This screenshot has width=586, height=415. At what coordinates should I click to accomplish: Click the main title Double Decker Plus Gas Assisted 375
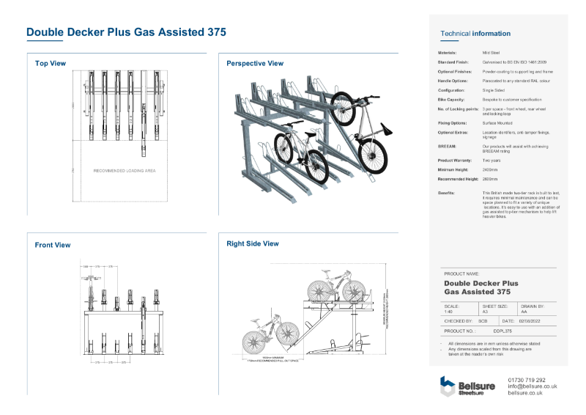pos(126,32)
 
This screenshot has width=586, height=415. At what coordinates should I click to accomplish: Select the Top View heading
pos(51,64)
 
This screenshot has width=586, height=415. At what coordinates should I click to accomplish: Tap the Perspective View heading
pos(255,64)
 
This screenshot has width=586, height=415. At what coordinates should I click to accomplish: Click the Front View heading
pos(53,245)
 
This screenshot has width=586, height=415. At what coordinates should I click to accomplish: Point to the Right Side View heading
pos(253,243)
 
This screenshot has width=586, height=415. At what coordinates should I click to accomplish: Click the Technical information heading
pos(475,34)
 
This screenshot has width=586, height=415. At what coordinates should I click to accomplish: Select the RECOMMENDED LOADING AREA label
pos(125,171)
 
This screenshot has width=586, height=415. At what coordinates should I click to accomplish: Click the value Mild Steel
pos(491,53)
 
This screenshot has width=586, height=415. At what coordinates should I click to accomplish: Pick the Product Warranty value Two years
pos(491,160)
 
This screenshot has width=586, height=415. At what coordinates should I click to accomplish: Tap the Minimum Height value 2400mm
pos(489,169)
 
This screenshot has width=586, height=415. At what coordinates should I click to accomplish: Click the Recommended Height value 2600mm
pos(489,179)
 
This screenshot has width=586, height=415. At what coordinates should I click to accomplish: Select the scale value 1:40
pos(448,312)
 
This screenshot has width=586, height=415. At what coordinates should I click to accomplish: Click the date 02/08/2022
pos(529,321)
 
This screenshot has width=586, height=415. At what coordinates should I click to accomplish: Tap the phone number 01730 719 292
pos(526,380)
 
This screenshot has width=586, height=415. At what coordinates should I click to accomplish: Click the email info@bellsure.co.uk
pos(532,386)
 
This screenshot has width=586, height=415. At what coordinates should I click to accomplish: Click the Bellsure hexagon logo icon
pos(447,385)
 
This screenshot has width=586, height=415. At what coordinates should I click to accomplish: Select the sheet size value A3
pos(483,312)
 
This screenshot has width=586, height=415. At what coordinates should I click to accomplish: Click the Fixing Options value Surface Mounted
pos(497,123)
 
